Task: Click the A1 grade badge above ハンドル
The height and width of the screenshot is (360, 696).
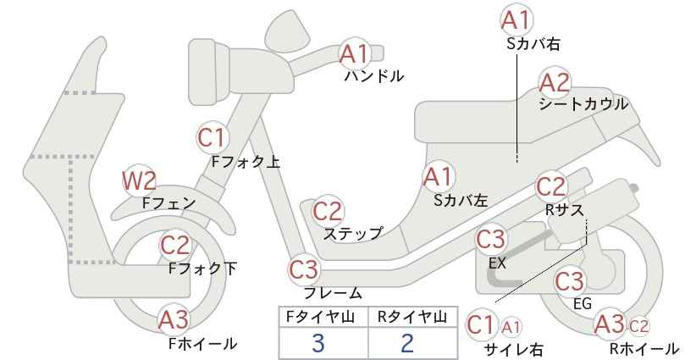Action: pos(355,53)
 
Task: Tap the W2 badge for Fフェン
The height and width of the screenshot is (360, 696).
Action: pos(139,181)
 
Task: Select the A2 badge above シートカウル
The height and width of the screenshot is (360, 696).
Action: pos(555,83)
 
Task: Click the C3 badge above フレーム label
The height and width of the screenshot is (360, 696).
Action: pos(305,270)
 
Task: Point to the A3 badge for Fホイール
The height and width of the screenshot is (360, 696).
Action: pos(174,320)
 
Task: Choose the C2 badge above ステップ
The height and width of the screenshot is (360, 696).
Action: pos(328,212)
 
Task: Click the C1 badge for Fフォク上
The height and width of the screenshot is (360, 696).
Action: pos(213,137)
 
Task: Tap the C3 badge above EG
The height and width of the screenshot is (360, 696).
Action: pos(570,281)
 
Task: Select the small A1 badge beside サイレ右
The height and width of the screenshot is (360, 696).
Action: pos(511,328)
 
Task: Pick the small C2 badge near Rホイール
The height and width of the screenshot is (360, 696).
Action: pos(638,327)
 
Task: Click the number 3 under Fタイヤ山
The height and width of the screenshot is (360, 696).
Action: pos(318,343)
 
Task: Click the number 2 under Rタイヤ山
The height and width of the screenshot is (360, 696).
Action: pos(406,343)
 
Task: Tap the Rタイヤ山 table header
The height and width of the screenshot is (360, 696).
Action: pos(412,317)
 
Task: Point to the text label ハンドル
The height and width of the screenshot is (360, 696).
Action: pos(374,76)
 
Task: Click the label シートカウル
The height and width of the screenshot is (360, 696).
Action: pos(583,104)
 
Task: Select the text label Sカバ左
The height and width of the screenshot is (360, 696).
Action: pos(461,201)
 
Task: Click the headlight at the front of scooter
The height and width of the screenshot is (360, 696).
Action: pos(210,71)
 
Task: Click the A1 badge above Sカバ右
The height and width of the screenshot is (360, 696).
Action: pos(516,20)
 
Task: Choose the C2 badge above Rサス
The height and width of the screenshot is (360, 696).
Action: pos(551,187)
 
